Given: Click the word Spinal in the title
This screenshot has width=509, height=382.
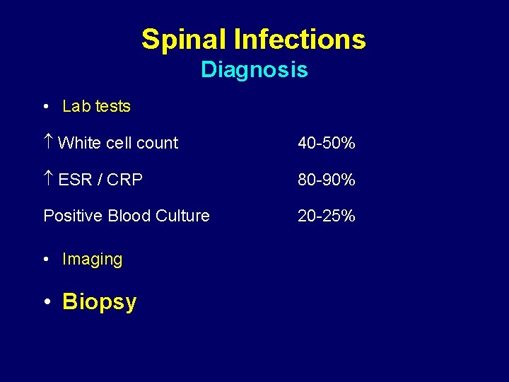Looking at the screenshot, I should coord(184,40).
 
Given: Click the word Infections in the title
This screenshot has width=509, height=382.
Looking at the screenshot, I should coord(300,40).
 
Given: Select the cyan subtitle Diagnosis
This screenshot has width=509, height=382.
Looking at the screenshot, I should coord(254,70).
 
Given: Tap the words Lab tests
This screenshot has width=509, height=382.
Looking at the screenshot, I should coord(96,107).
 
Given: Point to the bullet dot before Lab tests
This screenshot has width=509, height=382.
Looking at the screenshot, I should coord(45,107).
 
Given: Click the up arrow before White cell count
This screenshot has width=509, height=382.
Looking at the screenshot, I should coord(48,143).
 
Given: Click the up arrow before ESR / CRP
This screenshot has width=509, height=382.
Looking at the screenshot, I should coord(48,180).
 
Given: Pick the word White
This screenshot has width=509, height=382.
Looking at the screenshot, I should coord(79,143).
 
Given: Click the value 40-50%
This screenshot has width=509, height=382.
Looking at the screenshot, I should coord(326,144).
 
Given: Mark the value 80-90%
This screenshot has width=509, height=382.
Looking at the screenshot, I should coord(326,180).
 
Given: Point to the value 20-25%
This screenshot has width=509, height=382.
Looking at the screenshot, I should coord(326,216).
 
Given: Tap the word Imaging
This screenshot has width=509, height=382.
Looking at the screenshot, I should coord(92,260).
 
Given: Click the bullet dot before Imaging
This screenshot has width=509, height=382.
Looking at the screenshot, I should coord(45,260).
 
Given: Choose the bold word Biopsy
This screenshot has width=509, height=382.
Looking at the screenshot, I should coord(99,302).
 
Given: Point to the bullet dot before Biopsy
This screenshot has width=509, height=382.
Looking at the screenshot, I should coord(46,302).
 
